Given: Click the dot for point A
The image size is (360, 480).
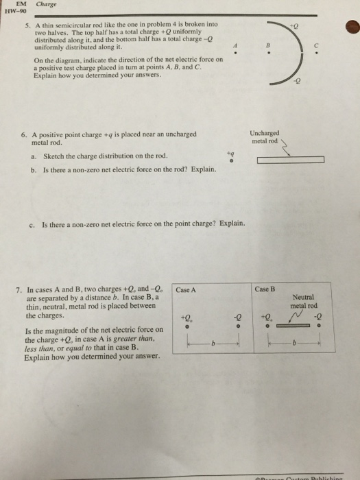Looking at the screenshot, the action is click(x=235, y=53).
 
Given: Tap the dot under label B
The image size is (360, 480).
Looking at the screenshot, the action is click(x=269, y=53).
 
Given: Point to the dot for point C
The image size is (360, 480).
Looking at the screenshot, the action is click(x=317, y=53).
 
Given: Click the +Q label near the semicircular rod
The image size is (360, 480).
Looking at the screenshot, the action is click(x=294, y=26).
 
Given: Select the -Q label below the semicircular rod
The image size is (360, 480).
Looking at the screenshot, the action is click(x=297, y=81).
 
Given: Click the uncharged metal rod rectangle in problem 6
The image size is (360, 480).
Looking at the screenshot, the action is click(x=291, y=160).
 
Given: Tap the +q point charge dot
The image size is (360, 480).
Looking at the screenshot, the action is click(x=232, y=160).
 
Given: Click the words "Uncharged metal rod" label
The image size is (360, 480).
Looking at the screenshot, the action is click(x=265, y=137).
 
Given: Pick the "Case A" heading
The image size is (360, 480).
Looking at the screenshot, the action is click(x=186, y=289).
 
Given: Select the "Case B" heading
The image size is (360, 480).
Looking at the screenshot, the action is click(x=265, y=289).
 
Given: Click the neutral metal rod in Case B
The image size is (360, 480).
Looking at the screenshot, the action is click(x=293, y=326).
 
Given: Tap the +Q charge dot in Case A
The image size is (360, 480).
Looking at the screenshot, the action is click(x=187, y=326).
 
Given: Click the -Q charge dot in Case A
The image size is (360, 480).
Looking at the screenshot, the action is click(x=238, y=326).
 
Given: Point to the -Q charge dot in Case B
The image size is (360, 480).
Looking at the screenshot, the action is click(x=319, y=326).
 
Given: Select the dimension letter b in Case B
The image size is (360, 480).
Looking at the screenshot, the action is click(x=294, y=343).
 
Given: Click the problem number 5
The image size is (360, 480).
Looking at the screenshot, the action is click(x=28, y=25).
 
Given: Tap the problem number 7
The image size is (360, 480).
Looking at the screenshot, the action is click(x=19, y=289).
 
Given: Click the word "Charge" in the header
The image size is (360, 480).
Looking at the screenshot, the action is click(x=46, y=4).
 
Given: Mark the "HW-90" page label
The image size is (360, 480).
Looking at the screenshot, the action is click(x=16, y=12).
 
